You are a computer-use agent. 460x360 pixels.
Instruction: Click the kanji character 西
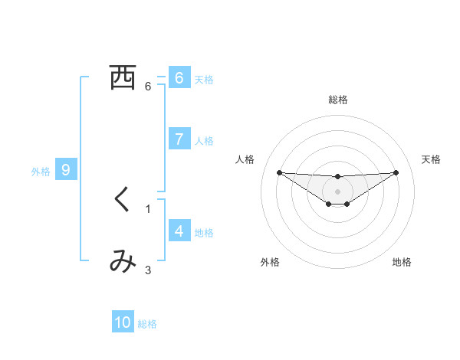[x=123, y=77]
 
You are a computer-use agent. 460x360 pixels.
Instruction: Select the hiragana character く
[x=123, y=200]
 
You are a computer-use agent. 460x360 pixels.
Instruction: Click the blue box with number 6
[x=179, y=77]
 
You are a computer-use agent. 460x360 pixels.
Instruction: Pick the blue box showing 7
[x=179, y=139]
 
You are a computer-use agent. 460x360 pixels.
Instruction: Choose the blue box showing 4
[x=179, y=231]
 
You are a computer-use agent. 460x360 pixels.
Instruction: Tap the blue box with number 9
[x=66, y=170]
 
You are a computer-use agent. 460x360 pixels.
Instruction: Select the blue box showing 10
[x=123, y=322]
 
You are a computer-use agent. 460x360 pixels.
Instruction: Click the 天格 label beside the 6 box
[x=204, y=79]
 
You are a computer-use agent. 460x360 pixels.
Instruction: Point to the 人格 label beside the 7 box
[x=204, y=141]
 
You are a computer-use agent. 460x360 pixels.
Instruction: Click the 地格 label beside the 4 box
[x=204, y=232]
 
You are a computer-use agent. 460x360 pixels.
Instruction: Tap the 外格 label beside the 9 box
[x=41, y=172]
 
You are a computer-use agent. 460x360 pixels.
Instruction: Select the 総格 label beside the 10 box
[x=147, y=324]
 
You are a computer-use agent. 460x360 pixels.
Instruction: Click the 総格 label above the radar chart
[x=338, y=100]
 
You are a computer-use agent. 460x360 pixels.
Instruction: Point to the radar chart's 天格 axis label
[x=432, y=159]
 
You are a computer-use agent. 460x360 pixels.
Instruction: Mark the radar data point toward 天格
[x=396, y=172]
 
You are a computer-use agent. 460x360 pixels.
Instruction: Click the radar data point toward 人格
[x=279, y=172]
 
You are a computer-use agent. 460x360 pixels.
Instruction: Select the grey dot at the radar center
[x=337, y=191]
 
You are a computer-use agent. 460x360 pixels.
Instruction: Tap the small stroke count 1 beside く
[x=148, y=208]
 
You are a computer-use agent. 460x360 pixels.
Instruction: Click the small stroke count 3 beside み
[x=148, y=269]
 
